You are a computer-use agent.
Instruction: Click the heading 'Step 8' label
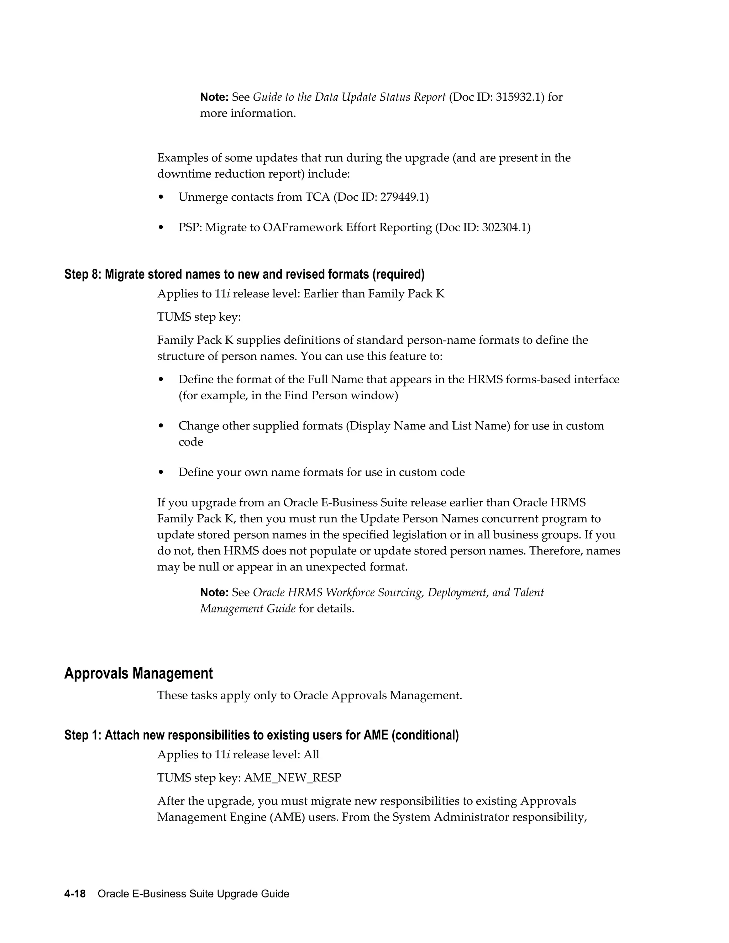pos(83,274)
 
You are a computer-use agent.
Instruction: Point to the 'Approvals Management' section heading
pos(138,674)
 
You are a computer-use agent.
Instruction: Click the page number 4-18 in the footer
pos(75,894)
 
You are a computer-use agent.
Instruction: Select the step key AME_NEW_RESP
pos(292,778)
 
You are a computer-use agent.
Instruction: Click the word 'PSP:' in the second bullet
pos(190,227)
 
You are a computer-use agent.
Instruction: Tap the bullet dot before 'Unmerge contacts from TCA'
pos(161,198)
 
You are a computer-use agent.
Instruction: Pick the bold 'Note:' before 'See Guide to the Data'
pos(214,97)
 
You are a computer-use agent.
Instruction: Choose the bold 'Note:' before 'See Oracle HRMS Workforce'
pos(214,593)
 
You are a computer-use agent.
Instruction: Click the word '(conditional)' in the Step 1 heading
pos(425,735)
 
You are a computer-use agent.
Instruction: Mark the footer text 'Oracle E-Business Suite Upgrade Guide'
pos(193,894)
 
